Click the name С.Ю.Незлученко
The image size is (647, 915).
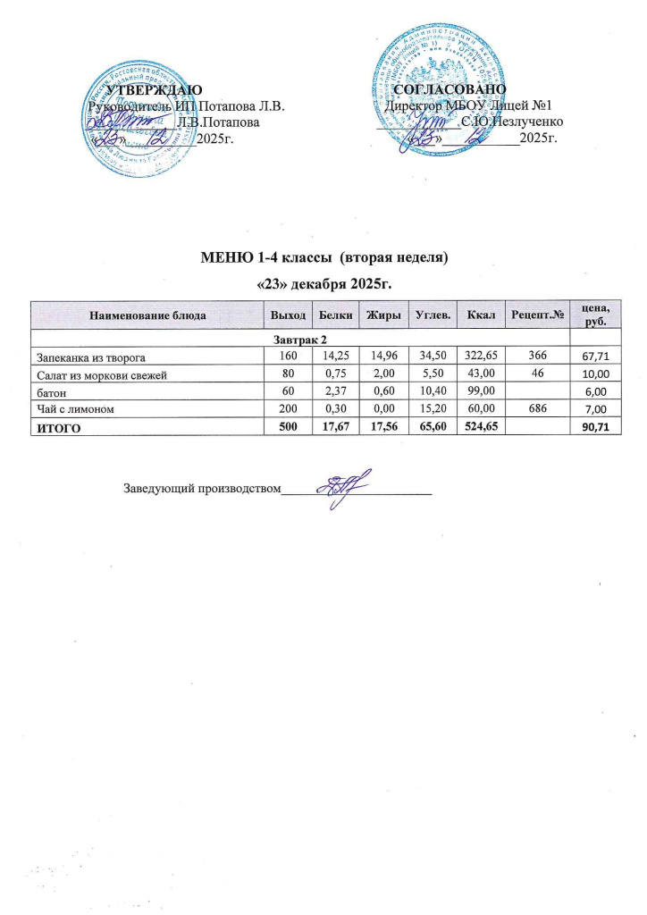click(x=512, y=122)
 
